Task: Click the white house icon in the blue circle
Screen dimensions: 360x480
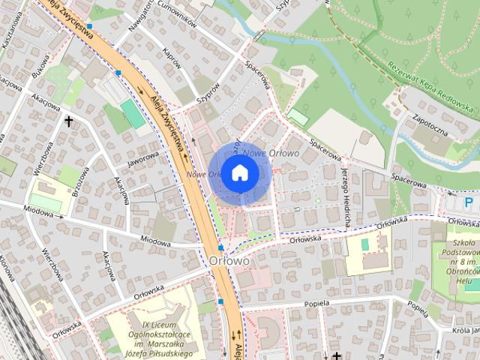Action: tap(238, 173)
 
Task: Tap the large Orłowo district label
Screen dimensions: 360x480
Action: tap(229, 260)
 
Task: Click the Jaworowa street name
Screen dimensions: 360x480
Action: tap(142, 158)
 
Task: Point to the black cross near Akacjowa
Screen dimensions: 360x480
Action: tap(69, 120)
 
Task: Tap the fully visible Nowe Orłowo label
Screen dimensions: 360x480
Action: tap(271, 153)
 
